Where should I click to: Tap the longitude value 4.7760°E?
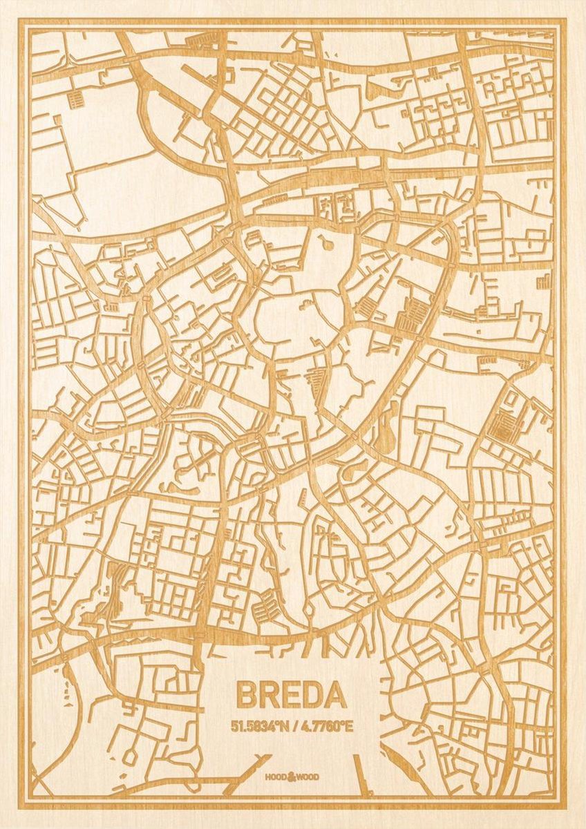325,726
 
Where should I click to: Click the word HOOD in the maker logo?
276,777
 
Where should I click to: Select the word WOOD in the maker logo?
308,777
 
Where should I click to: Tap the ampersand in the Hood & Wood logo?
292,776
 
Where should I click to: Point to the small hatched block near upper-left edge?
76,99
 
